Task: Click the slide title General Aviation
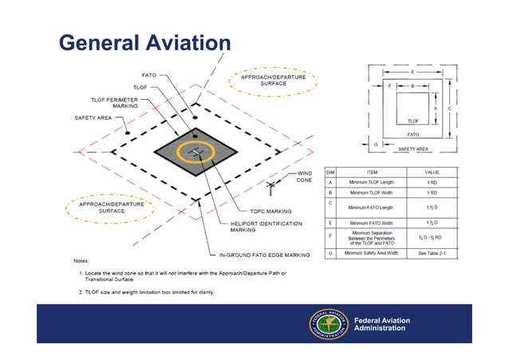click(144, 42)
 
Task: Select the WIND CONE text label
click(305, 176)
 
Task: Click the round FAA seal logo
click(327, 325)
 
